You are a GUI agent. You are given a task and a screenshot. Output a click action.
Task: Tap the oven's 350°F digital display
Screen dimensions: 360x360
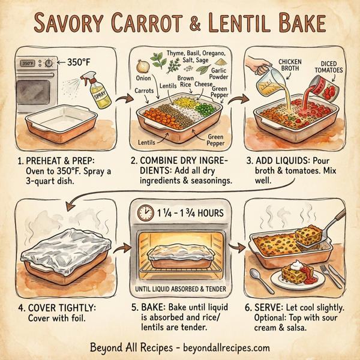(x=28, y=62)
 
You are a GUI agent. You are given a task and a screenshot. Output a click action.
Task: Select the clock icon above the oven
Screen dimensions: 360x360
(x=144, y=214)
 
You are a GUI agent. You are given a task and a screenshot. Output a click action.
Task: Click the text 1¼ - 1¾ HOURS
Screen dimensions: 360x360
(x=188, y=214)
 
